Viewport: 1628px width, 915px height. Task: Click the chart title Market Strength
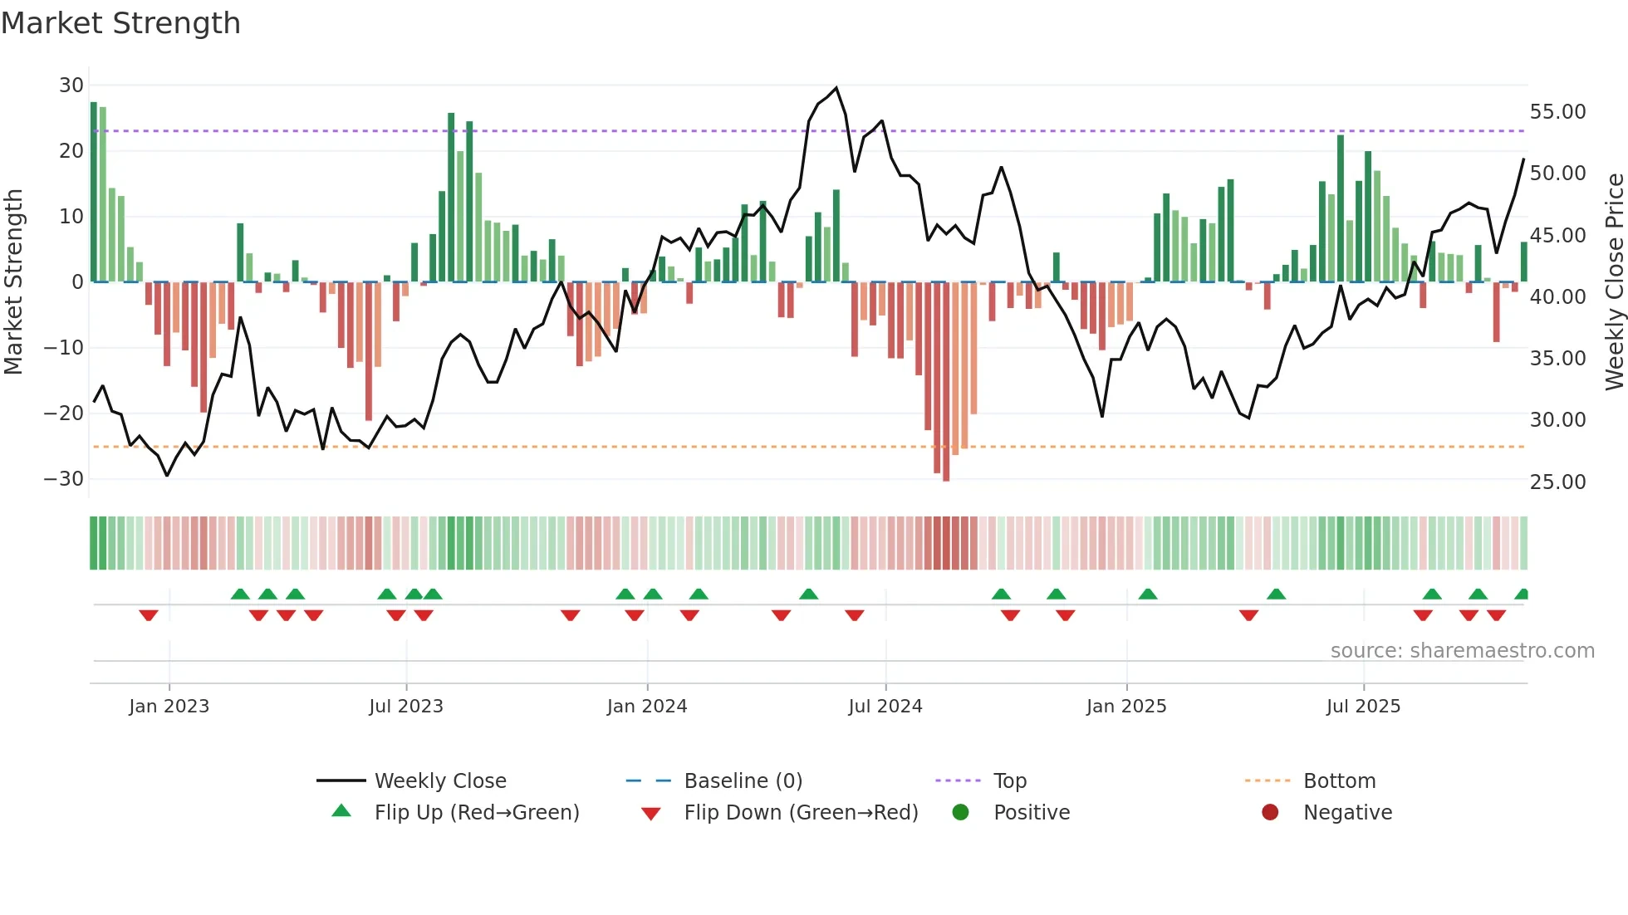(120, 23)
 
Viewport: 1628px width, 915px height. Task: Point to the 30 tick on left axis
(71, 86)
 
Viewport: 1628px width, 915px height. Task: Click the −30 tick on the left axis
(64, 479)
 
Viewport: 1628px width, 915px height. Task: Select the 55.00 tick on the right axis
(1557, 112)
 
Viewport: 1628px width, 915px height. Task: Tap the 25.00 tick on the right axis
(1557, 482)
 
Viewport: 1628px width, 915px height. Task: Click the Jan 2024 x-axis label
(647, 707)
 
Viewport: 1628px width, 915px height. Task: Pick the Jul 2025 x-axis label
(1363, 707)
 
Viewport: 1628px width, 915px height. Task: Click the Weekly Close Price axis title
(1614, 282)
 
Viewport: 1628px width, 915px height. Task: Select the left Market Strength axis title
(13, 282)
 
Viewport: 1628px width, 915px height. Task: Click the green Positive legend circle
(960, 813)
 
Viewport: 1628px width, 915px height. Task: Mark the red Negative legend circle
(1270, 813)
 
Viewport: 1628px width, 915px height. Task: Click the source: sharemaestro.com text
(1462, 651)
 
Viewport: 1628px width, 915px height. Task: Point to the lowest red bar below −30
(946, 477)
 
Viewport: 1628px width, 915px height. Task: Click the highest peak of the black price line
(836, 88)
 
